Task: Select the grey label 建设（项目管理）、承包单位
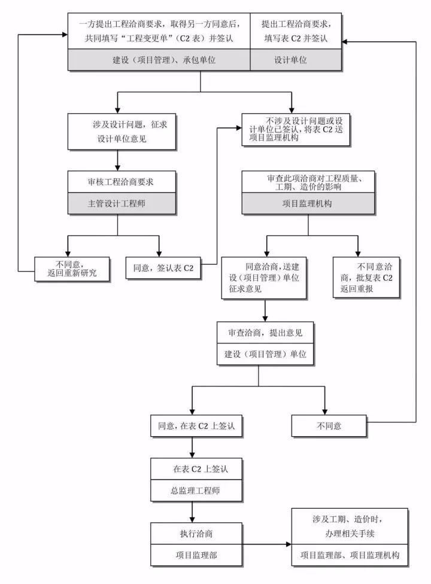coord(158,60)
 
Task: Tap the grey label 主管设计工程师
coord(117,203)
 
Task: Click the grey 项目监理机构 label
coord(307,203)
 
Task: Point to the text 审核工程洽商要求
coord(117,180)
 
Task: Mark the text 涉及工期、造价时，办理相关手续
coord(350,525)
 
